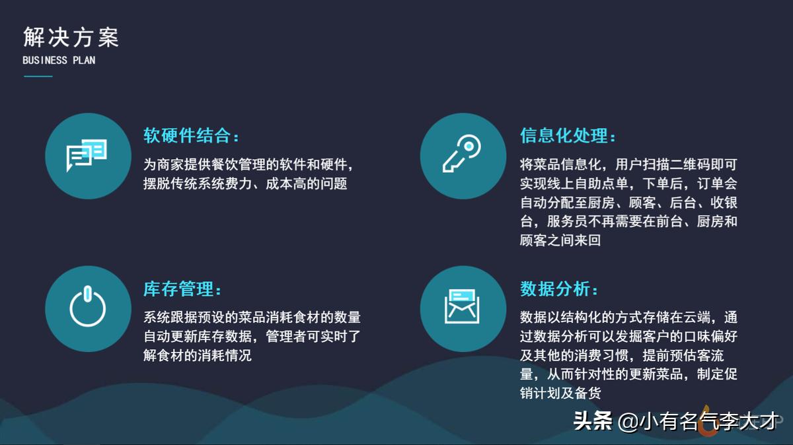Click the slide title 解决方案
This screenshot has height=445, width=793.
click(71, 37)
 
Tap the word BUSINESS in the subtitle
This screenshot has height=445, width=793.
click(45, 61)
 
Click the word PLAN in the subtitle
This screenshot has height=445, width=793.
click(84, 61)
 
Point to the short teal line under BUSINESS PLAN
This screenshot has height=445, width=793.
click(38, 76)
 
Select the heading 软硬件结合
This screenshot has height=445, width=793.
click(187, 135)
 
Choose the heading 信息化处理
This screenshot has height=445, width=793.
click(564, 135)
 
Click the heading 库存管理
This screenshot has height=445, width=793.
click(178, 289)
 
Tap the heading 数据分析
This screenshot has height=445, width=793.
click(554, 289)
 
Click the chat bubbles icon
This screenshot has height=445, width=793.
click(87, 156)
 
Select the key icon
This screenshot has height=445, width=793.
click(462, 154)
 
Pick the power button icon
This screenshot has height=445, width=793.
click(87, 306)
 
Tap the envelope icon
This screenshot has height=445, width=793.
click(462, 306)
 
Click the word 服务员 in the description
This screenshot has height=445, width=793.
click(568, 222)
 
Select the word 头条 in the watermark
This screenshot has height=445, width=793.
click(593, 421)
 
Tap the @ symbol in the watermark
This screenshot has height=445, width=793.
click(628, 422)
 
